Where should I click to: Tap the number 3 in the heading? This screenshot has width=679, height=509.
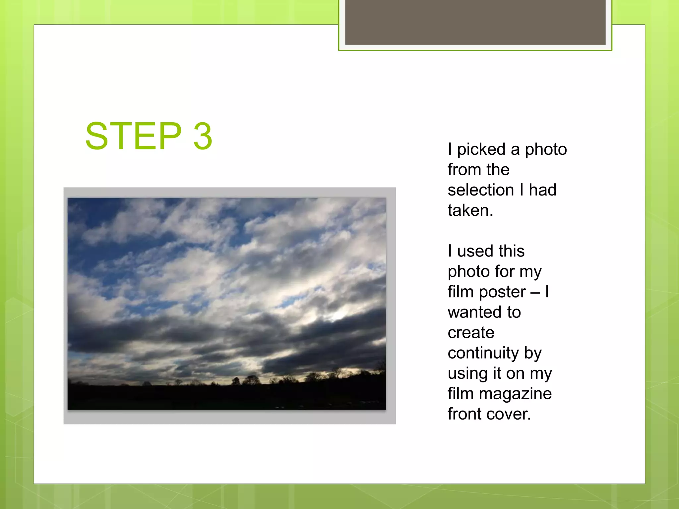pyautogui.click(x=203, y=136)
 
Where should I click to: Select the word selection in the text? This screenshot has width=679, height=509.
pyautogui.click(x=481, y=190)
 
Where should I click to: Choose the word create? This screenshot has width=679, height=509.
pyautogui.click(x=471, y=333)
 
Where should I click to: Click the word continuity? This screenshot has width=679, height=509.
pyautogui.click(x=483, y=353)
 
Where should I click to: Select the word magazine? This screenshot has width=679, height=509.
pyautogui.click(x=515, y=394)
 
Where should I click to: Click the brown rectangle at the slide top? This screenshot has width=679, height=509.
pyautogui.click(x=475, y=22)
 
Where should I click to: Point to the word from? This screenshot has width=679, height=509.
pyautogui.click(x=464, y=170)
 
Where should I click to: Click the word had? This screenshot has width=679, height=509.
pyautogui.click(x=542, y=190)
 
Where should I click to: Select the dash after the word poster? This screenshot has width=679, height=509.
pyautogui.click(x=535, y=292)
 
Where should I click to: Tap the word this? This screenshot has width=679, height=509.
pyautogui.click(x=511, y=251)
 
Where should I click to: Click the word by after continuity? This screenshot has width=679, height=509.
pyautogui.click(x=533, y=353)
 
